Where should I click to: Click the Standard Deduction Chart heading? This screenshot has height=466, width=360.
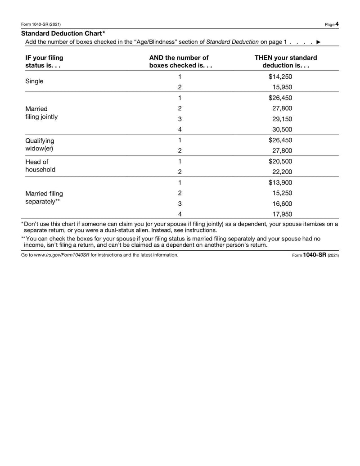63,34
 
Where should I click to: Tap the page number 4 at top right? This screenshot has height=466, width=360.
337,24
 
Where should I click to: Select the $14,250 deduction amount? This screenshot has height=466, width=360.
280,77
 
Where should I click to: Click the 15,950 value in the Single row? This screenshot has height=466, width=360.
282,87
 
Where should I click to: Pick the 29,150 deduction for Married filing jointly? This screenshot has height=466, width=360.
282,119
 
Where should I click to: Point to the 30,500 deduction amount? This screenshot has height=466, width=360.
282,130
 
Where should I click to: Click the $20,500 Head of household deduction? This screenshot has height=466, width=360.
280,161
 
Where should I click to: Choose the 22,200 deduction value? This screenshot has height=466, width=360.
282,172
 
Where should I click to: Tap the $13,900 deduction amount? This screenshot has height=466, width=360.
280,182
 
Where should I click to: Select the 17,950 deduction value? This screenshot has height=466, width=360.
282,214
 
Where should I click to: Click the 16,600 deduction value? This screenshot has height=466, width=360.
282,204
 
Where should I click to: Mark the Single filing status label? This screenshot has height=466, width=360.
35,81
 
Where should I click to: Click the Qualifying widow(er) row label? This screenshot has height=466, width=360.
40,145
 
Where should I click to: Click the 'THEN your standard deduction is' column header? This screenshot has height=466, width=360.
285,62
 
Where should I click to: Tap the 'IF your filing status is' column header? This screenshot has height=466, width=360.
44,62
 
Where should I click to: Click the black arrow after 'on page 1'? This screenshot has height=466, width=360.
319,42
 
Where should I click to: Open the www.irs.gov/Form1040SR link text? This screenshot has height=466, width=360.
62,255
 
